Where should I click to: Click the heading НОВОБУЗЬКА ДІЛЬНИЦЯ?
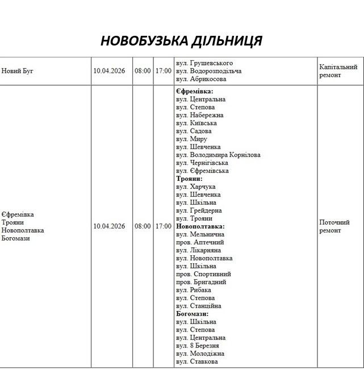(181, 41)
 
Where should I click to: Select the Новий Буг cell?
(18, 71)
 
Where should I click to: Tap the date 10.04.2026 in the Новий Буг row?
(109, 71)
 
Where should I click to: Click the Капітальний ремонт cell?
(338, 71)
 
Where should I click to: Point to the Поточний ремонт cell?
(334, 226)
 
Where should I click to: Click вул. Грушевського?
(204, 63)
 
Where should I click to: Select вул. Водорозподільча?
(208, 71)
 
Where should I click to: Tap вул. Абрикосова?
(201, 79)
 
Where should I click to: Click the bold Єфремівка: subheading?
(195, 91)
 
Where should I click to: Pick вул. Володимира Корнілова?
(218, 155)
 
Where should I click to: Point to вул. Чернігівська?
(202, 163)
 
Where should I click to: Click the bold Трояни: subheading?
(189, 179)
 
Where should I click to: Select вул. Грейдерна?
(198, 210)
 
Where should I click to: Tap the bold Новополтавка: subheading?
(200, 226)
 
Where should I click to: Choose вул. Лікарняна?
(198, 250)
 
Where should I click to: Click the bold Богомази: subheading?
(192, 314)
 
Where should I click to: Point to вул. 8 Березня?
(197, 346)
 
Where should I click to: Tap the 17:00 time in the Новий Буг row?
(163, 71)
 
